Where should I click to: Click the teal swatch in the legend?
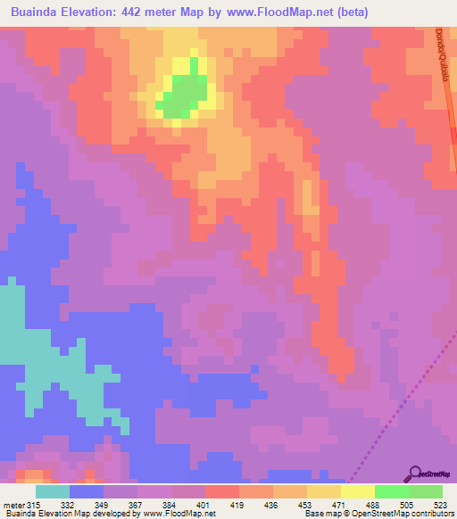(x=53, y=491)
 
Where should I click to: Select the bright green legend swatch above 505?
(x=391, y=491)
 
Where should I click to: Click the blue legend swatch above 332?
(x=87, y=491)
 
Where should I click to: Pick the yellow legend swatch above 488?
(x=357, y=491)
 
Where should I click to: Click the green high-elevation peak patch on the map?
(x=185, y=95)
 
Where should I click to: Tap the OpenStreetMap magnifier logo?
(x=415, y=474)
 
